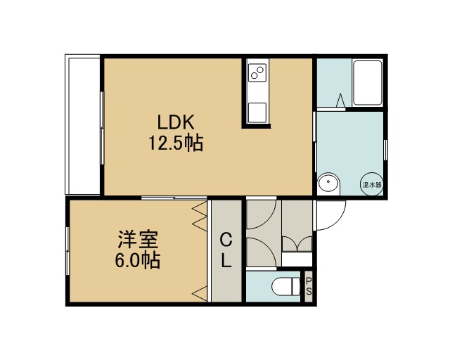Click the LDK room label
(x=176, y=122)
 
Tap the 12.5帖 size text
(x=176, y=143)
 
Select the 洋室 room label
(x=138, y=240)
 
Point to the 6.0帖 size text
(x=138, y=260)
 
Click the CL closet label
(x=226, y=250)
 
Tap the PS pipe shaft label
(x=309, y=286)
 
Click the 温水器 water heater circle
(x=372, y=184)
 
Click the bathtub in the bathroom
(x=367, y=83)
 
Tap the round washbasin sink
(x=328, y=183)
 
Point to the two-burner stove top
(x=257, y=72)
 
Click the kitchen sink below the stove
(x=257, y=112)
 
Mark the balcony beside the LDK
(x=83, y=124)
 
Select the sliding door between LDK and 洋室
(x=174, y=198)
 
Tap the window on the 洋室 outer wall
(x=67, y=251)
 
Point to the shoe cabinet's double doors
(x=297, y=244)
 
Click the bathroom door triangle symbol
(x=340, y=100)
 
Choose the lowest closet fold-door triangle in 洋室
(x=199, y=293)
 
